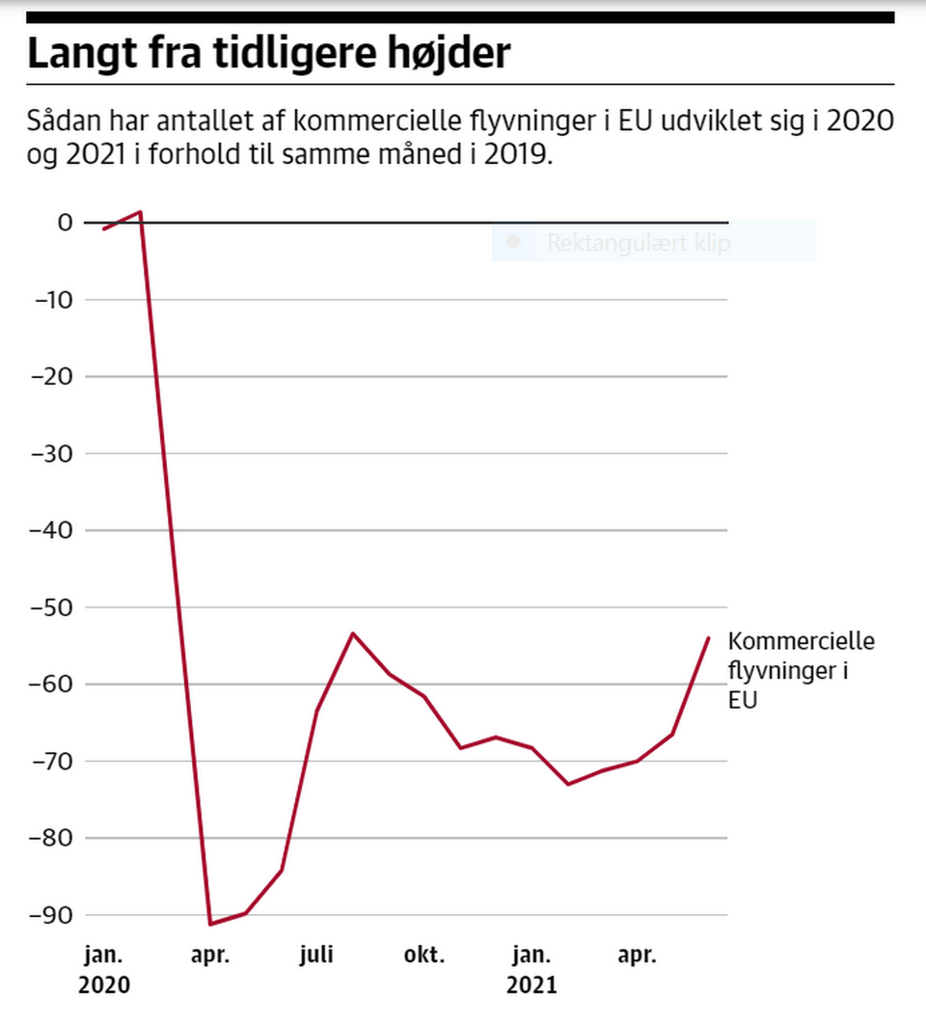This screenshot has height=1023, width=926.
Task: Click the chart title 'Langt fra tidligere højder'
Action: (267, 54)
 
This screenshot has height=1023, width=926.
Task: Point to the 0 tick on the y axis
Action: (66, 223)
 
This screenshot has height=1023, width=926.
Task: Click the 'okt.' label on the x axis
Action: (424, 956)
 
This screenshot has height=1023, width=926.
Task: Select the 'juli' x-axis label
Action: (316, 956)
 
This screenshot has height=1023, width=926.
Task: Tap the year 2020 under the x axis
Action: (103, 986)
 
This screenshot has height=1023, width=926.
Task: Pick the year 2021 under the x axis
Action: (532, 986)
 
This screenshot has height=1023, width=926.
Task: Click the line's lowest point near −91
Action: (210, 924)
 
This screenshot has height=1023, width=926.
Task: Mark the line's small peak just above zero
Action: (141, 211)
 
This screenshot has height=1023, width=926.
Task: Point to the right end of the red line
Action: (709, 637)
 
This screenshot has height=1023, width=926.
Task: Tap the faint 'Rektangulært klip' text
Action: (639, 243)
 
